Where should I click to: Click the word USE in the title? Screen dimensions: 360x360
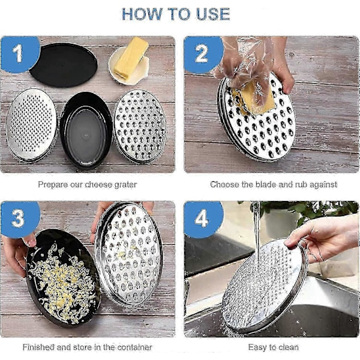[213, 14]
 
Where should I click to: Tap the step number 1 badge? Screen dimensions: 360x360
[20, 54]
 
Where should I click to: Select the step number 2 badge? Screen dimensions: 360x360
[203, 54]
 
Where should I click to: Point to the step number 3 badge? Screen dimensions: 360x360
[20, 218]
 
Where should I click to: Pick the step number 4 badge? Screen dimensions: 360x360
[203, 218]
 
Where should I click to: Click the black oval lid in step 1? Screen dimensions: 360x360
[64, 65]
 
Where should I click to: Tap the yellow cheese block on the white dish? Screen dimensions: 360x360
[130, 58]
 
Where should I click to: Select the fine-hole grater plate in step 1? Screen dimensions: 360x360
[31, 125]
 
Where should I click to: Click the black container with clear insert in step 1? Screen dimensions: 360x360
[86, 130]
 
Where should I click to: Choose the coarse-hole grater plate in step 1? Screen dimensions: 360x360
[140, 127]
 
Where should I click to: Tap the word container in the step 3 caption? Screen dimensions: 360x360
[133, 347]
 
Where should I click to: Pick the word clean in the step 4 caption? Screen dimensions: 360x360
[289, 347]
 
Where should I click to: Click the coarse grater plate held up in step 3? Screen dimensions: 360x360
[128, 253]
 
